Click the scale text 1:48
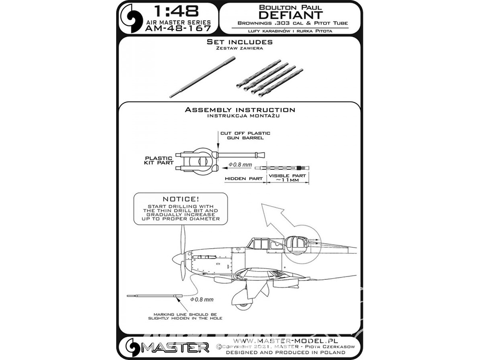click(x=176, y=12)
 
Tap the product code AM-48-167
click(x=178, y=28)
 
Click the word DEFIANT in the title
click(x=290, y=15)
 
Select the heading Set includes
click(x=240, y=42)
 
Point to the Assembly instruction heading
click(x=240, y=109)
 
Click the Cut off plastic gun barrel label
click(x=245, y=135)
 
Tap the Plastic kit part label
click(x=159, y=160)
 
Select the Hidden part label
click(x=244, y=179)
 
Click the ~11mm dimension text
click(x=287, y=180)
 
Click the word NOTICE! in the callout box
click(x=180, y=199)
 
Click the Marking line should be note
click(x=185, y=316)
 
